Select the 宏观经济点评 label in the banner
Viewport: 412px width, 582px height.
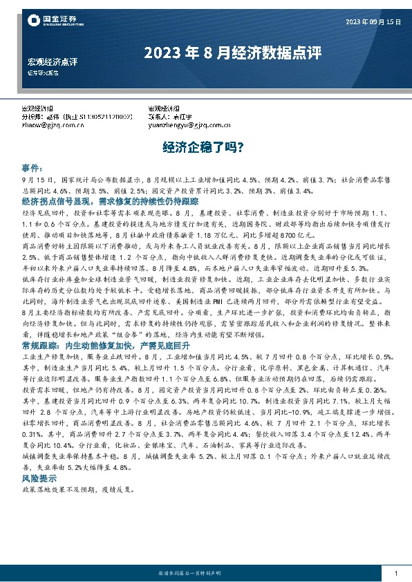coord(52,62)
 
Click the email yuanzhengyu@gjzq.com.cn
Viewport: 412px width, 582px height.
coord(188,125)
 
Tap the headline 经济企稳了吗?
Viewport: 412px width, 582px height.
coord(205,147)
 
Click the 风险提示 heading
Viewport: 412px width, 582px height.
coord(41,478)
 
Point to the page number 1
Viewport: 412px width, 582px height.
coord(395,574)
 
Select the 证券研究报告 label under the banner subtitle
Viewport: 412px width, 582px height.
coord(44,73)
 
